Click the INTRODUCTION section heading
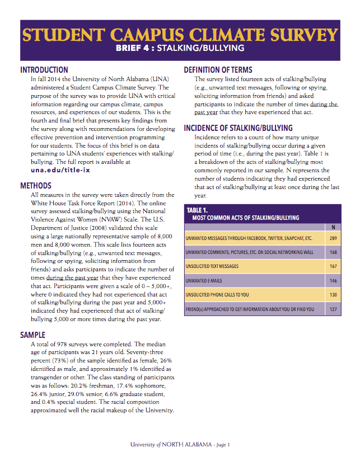[x=44, y=70]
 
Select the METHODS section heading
[x=36, y=185]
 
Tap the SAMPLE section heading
[x=32, y=335]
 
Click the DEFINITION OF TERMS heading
[x=218, y=70]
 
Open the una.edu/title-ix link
[x=60, y=170]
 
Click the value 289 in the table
[x=333, y=238]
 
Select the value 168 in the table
[x=333, y=253]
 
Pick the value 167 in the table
[x=333, y=267]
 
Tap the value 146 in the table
[x=333, y=281]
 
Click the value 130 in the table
[x=333, y=295]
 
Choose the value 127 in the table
[x=333, y=309]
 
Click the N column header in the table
[x=333, y=227]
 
